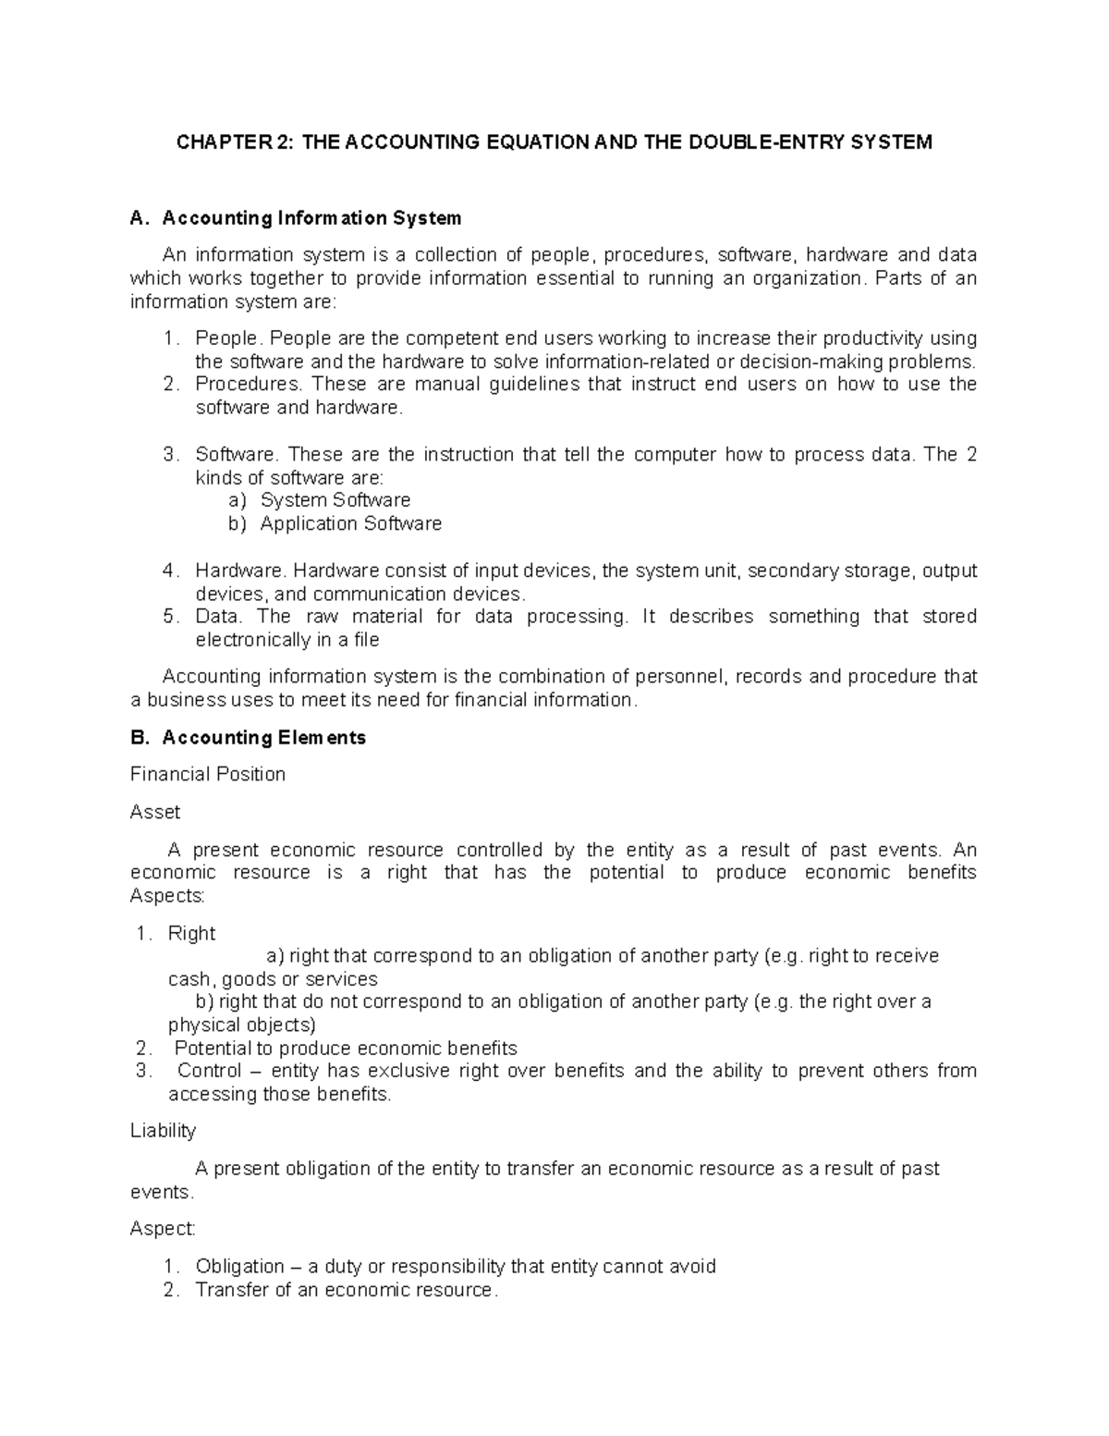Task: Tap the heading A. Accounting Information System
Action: tap(296, 218)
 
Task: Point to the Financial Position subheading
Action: tap(208, 774)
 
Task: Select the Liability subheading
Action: tap(163, 1130)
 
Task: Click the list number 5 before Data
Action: tap(168, 616)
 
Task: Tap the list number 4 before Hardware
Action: tap(168, 571)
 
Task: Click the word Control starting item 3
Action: tap(207, 1071)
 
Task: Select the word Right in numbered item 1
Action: tap(191, 933)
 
